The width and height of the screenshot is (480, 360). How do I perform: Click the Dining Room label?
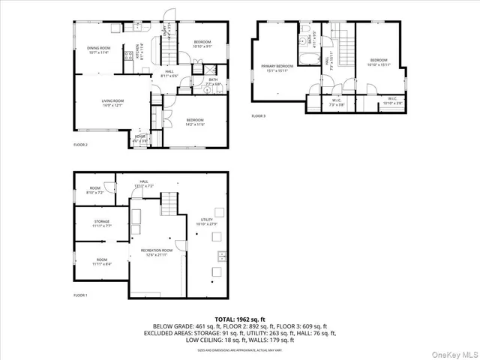[x=98, y=50]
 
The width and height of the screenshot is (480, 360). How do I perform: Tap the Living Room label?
[x=112, y=103]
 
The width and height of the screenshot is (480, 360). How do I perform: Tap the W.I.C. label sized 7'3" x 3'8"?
[x=337, y=103]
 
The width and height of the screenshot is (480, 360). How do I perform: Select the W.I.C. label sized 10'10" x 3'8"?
[x=391, y=101]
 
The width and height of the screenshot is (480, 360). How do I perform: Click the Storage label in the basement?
[x=102, y=223]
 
